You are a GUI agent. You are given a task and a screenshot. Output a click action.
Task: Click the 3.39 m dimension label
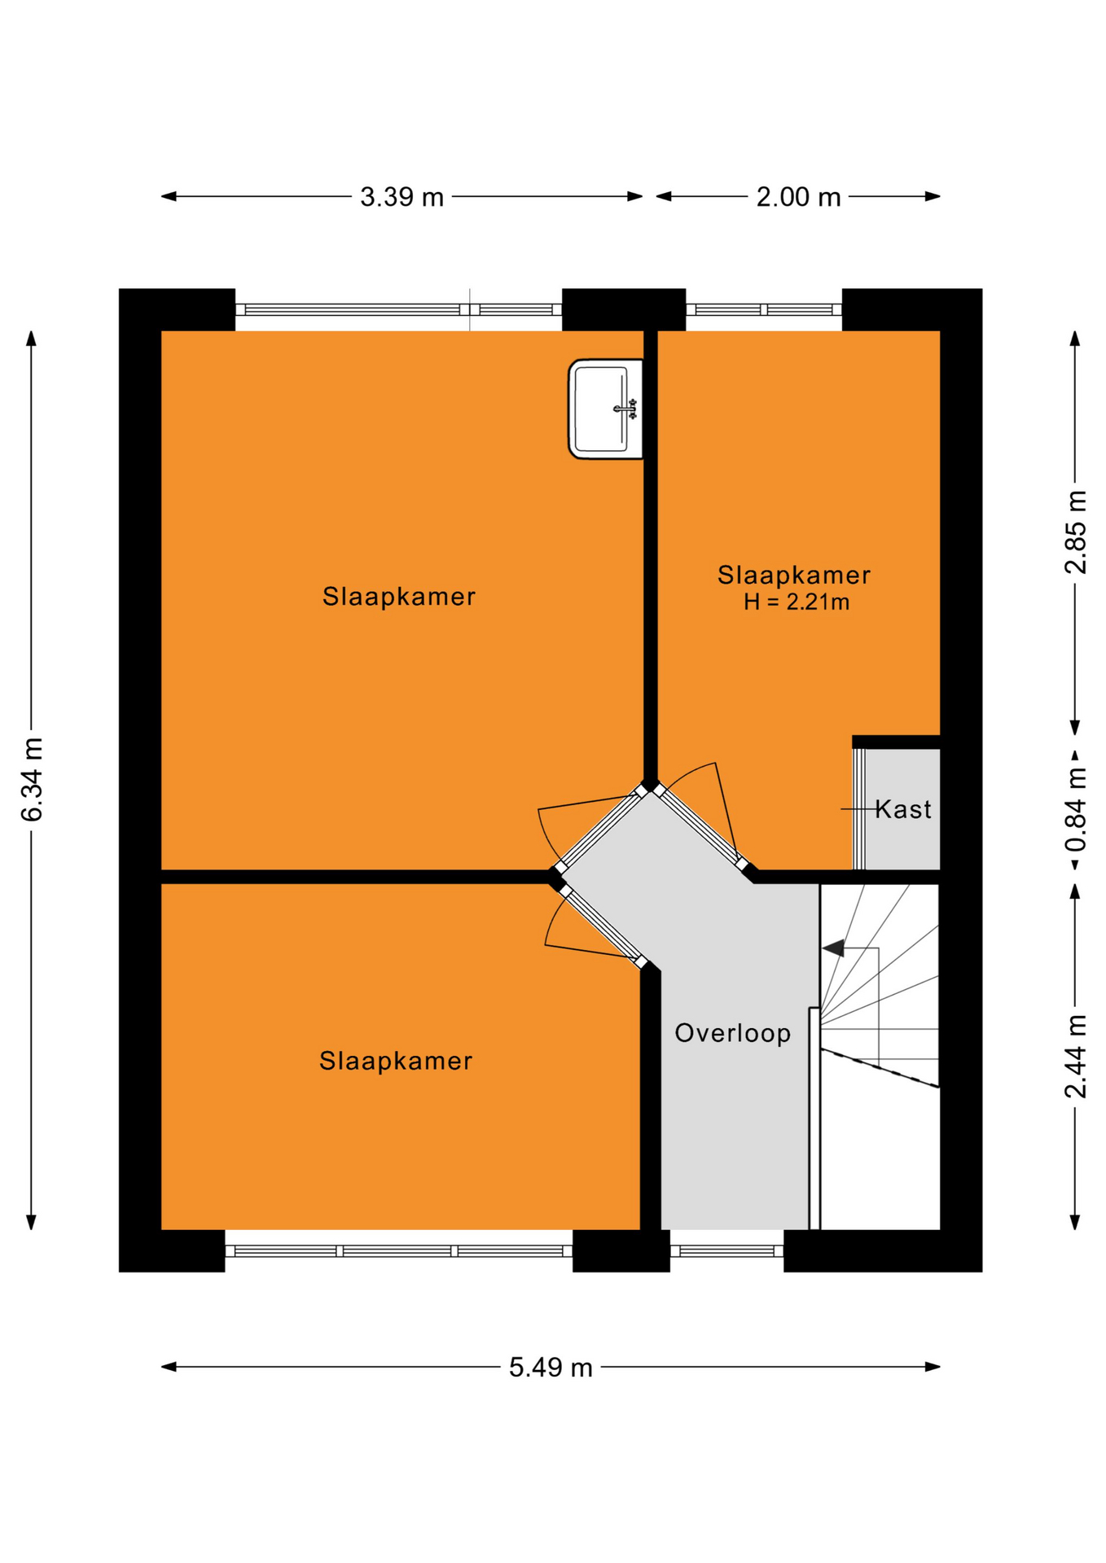[x=402, y=197]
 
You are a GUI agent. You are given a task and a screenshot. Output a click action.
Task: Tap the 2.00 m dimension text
[x=798, y=197]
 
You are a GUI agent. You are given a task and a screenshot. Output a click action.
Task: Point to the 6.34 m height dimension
[x=32, y=779]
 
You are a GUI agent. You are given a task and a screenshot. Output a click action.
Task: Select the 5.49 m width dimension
[x=551, y=1368]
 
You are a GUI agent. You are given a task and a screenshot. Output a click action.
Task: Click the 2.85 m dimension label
[x=1076, y=532]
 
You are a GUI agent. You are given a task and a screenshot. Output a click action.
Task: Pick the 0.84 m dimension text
[x=1076, y=808]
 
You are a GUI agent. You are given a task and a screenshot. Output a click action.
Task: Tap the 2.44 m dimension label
[x=1076, y=1056]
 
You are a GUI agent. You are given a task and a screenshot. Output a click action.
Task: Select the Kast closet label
[x=903, y=809]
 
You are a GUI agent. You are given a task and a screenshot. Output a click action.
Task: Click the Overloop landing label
[x=733, y=1033]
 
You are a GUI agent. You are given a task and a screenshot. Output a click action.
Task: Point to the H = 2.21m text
[x=797, y=602]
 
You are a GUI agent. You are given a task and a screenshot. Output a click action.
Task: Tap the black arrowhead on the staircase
[x=832, y=948]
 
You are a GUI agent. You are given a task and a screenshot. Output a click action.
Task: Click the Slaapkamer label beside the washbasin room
[x=399, y=597]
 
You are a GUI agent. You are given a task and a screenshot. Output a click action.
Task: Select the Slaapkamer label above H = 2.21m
[x=794, y=575]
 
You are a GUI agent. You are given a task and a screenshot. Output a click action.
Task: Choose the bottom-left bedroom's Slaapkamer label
[x=396, y=1061]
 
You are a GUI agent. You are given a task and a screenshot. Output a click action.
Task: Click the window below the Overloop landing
[x=726, y=1251]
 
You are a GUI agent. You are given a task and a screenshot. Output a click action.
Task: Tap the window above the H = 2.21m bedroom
[x=764, y=309]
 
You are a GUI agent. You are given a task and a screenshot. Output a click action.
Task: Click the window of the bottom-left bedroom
[x=399, y=1251]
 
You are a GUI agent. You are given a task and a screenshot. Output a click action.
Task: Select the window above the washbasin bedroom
[x=399, y=309]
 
